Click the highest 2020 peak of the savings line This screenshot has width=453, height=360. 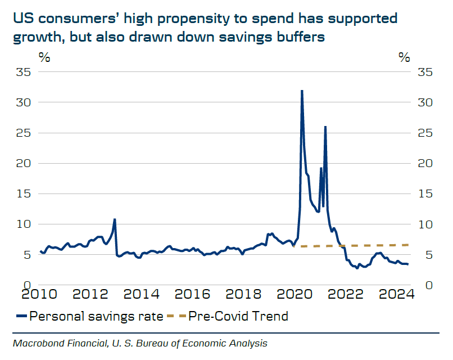pyautogui.click(x=302, y=91)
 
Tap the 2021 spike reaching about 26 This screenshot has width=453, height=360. pyautogui.click(x=325, y=127)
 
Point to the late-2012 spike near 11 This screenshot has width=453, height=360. pyautogui.click(x=115, y=219)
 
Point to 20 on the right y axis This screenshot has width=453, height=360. pyautogui.click(x=425, y=164)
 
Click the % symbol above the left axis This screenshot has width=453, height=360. pyautogui.click(x=44, y=57)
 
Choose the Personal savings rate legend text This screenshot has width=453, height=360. pyautogui.click(x=96, y=316)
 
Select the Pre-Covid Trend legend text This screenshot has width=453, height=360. pyautogui.click(x=238, y=316)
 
